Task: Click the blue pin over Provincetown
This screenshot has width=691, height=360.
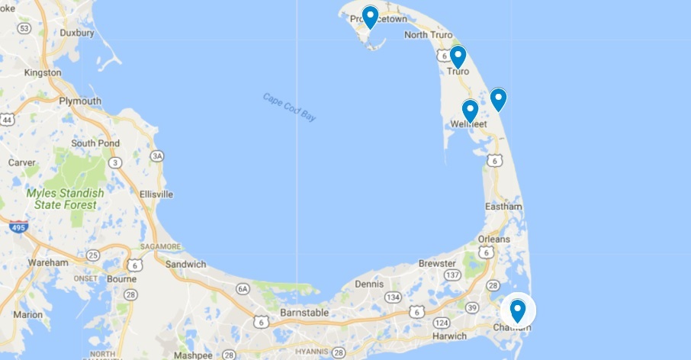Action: point(370,16)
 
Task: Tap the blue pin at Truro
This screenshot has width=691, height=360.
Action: point(458,56)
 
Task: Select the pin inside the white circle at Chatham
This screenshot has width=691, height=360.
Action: point(518,310)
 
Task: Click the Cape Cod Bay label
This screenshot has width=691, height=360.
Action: point(289,108)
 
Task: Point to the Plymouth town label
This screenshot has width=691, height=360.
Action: point(80,101)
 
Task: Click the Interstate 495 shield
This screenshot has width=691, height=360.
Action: point(16,227)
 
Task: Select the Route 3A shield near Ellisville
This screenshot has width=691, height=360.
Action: point(158,156)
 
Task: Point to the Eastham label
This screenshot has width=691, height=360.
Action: point(503,207)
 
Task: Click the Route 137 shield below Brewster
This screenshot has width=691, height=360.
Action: point(452,275)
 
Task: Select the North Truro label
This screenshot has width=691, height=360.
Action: point(428,35)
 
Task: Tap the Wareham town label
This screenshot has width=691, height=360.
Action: point(47,263)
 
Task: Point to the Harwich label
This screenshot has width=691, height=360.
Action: point(448,336)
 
